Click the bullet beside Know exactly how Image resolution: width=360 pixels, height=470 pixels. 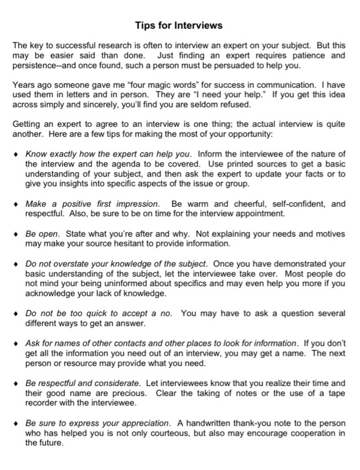18,154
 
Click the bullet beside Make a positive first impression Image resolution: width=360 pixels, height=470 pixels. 18,203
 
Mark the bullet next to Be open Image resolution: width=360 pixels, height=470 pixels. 18,234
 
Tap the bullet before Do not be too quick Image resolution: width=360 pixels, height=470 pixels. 18,313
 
